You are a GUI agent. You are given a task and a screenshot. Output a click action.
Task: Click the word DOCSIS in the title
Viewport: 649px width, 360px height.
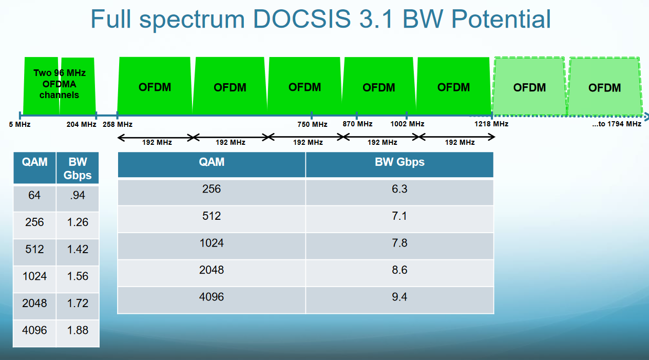[302, 19]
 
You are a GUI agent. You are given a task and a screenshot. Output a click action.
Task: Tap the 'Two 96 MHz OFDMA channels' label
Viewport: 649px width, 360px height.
[60, 84]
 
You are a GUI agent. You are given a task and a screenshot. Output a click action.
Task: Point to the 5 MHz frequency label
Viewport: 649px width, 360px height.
[20, 124]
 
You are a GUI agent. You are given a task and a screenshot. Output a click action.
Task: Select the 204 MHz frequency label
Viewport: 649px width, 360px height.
[82, 124]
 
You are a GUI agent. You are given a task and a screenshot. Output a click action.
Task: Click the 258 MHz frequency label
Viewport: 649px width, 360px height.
[118, 124]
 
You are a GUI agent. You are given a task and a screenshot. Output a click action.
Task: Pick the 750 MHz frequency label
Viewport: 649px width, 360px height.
[312, 124]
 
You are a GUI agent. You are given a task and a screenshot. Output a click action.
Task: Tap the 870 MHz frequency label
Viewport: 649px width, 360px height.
[357, 124]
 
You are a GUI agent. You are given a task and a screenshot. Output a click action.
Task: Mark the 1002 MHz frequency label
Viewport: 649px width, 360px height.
[407, 124]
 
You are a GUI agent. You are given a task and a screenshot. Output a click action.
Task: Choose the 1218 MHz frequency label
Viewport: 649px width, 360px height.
[491, 124]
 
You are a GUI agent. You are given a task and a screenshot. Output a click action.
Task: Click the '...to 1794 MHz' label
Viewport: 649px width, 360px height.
[617, 124]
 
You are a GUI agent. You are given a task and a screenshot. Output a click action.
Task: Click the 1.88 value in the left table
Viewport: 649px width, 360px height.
[78, 330]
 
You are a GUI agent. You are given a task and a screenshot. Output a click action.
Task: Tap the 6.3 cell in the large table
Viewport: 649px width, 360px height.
[399, 189]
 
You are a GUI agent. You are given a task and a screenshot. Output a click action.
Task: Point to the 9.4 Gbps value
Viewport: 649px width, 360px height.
[399, 297]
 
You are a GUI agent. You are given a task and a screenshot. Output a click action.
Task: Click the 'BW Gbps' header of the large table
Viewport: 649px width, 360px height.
[399, 162]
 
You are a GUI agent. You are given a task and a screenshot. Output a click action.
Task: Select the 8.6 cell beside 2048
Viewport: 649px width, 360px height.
[399, 270]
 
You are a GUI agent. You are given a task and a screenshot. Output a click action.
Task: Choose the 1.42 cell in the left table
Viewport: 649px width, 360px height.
[78, 249]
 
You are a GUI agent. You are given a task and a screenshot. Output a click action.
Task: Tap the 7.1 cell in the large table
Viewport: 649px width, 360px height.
[399, 216]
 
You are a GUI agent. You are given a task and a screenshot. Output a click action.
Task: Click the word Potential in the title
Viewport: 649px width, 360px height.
[501, 19]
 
